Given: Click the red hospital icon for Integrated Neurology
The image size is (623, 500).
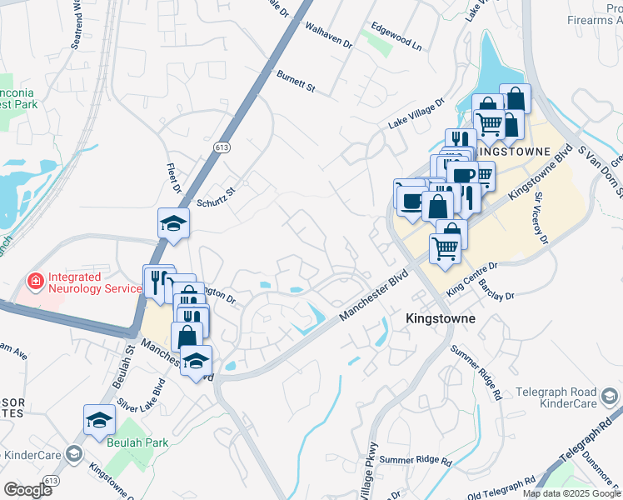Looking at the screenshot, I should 34,282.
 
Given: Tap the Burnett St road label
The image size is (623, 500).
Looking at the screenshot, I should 297,82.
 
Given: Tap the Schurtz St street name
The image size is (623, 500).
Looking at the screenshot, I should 217,196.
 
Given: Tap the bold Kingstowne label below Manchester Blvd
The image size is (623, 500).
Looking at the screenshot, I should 440,318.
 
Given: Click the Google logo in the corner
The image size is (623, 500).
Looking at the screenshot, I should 27,489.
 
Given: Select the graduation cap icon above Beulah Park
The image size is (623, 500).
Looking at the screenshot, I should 99,419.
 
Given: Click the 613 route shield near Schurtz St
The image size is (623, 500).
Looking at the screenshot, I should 222,147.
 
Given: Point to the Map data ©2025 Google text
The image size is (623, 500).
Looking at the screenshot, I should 571,493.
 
